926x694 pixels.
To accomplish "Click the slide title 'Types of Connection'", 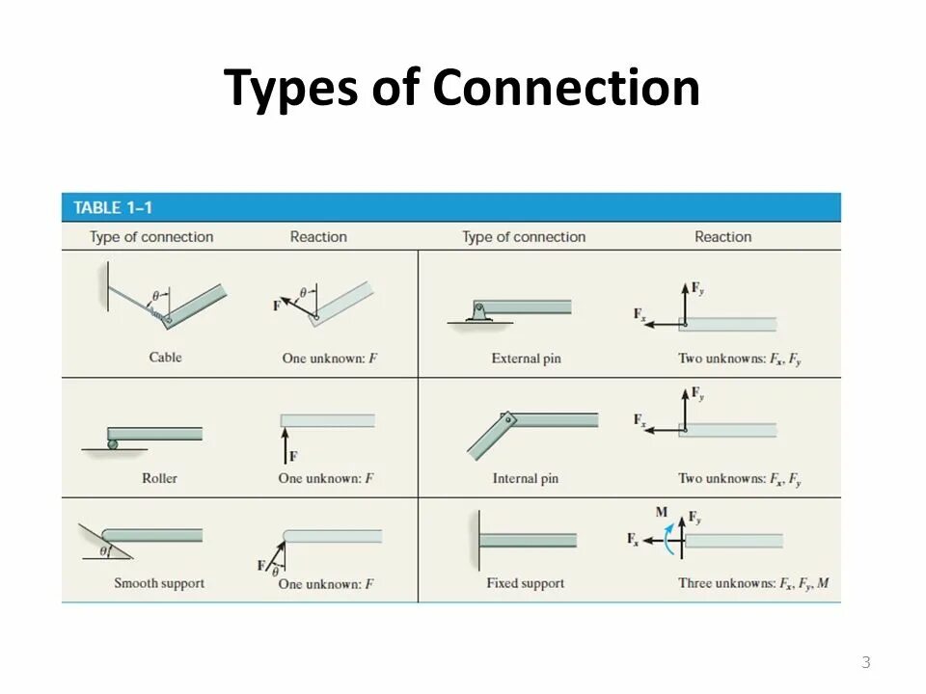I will click(x=462, y=89).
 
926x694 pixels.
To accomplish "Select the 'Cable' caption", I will click(x=165, y=358).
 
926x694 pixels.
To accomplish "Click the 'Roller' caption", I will click(x=159, y=478).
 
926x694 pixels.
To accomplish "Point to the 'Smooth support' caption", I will click(x=159, y=583).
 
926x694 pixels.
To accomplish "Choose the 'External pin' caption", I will click(x=526, y=359).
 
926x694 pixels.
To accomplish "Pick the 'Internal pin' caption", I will click(x=526, y=478).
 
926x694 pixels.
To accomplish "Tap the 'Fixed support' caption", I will click(x=526, y=583).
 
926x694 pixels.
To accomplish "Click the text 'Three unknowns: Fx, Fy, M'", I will click(x=753, y=583).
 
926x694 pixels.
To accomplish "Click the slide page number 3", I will click(x=865, y=662).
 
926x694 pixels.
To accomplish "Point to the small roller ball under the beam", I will click(x=113, y=443).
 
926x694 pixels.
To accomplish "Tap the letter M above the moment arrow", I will click(x=662, y=512).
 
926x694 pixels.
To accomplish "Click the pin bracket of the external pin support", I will click(x=479, y=311).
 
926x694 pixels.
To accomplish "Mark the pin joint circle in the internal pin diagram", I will click(x=504, y=419).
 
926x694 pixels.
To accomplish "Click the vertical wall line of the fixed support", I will click(x=477, y=540).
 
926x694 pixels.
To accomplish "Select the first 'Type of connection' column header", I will click(x=151, y=237).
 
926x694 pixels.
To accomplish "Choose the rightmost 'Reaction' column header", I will click(x=722, y=237).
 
